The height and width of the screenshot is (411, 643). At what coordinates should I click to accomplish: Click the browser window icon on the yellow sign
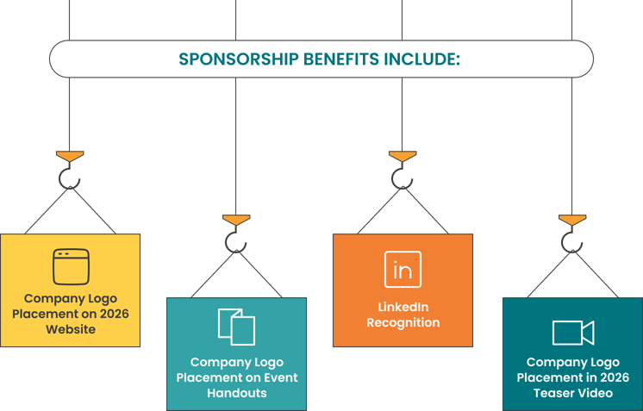click(70, 266)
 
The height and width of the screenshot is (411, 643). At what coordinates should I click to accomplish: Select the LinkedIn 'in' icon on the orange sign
click(403, 270)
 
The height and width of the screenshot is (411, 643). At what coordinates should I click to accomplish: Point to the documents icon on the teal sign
click(236, 327)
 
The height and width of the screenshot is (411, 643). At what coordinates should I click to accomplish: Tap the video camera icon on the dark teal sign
click(572, 333)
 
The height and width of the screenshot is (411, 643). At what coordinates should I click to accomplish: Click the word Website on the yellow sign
click(71, 329)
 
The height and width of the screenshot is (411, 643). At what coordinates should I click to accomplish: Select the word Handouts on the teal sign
click(236, 393)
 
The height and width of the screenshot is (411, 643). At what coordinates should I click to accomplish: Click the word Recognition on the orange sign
click(403, 323)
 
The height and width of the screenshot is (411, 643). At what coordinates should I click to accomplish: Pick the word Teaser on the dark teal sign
click(556, 393)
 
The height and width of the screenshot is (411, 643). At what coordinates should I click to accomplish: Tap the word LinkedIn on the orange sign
click(403, 307)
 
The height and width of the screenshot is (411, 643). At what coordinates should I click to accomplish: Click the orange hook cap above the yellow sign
click(70, 157)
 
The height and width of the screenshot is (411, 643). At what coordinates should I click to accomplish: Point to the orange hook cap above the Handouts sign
click(236, 221)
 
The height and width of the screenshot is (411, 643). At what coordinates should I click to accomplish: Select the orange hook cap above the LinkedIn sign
click(403, 157)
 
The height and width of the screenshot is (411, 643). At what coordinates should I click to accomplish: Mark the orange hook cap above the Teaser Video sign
click(572, 221)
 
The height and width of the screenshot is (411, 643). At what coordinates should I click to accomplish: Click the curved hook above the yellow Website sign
click(69, 178)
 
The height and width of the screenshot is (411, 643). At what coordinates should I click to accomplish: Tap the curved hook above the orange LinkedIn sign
click(402, 178)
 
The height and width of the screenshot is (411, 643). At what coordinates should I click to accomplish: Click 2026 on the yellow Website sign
click(112, 314)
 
